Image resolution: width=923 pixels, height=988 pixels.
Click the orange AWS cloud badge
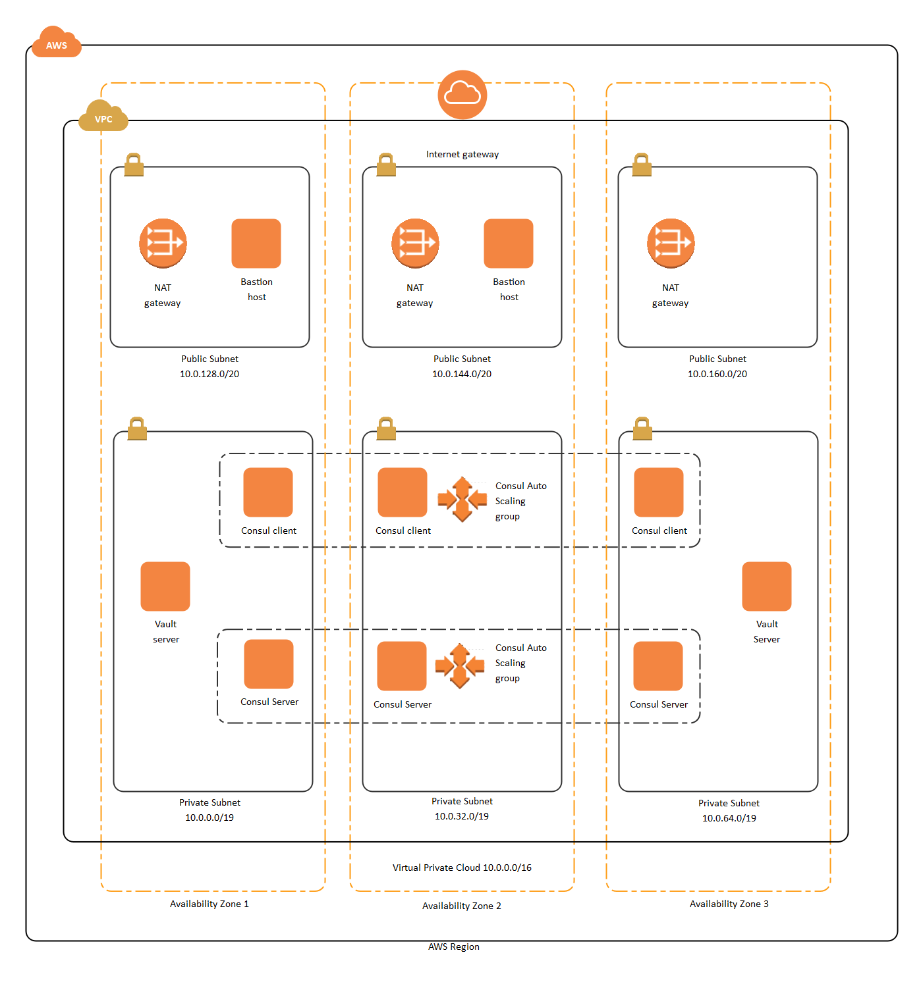pyautogui.click(x=56, y=43)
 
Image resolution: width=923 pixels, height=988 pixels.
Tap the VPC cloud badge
pyautogui.click(x=103, y=117)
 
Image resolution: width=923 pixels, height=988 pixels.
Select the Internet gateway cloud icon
pyautogui.click(x=462, y=95)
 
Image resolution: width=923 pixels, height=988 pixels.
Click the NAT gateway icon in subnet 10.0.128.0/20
pyautogui.click(x=163, y=244)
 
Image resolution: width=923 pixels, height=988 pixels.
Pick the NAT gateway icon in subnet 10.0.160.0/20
pyautogui.click(x=671, y=244)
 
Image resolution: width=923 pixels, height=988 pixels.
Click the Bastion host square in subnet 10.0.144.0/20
pyautogui.click(x=508, y=244)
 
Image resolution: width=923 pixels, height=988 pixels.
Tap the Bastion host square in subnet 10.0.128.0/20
pyautogui.click(x=256, y=244)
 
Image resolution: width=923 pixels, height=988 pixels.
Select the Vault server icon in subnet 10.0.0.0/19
pyautogui.click(x=165, y=586)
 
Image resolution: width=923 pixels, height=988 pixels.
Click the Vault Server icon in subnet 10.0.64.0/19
pyautogui.click(x=766, y=586)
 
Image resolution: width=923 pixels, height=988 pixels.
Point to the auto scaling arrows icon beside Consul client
pyautogui.click(x=462, y=500)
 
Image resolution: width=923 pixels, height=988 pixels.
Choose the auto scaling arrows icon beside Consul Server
pyautogui.click(x=460, y=666)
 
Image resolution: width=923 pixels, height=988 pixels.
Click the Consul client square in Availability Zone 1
pyautogui.click(x=268, y=492)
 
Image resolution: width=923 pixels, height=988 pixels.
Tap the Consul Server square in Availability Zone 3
pyautogui.click(x=658, y=666)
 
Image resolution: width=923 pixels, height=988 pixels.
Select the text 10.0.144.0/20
pyautogui.click(x=462, y=374)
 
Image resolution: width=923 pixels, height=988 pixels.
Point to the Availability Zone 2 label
pyautogui.click(x=462, y=906)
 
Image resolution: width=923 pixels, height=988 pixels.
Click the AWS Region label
pyautogui.click(x=454, y=947)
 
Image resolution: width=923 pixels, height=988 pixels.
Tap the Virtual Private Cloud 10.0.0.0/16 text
pyautogui.click(x=462, y=868)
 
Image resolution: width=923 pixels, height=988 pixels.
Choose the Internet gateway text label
pyautogui.click(x=462, y=154)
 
